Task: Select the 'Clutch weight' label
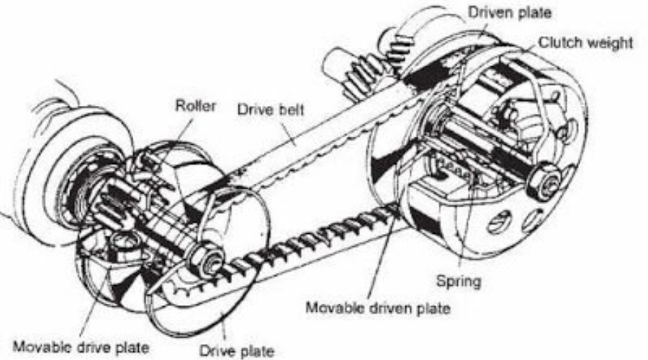pyautogui.click(x=587, y=42)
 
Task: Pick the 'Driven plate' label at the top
pyautogui.click(x=508, y=12)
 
